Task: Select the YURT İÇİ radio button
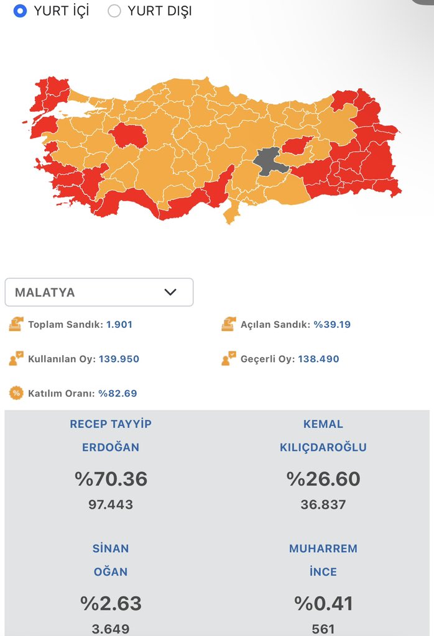[20, 11]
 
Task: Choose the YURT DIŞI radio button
[114, 11]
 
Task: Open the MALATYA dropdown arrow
[170, 292]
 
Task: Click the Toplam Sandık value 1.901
[119, 324]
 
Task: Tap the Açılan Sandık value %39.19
[336, 324]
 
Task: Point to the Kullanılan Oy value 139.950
[119, 359]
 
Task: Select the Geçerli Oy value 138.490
[318, 359]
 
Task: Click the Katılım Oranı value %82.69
[118, 393]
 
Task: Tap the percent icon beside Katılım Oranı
[16, 393]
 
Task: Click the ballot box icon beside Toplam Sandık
[16, 324]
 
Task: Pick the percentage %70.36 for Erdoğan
[111, 479]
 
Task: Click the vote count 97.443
[111, 504]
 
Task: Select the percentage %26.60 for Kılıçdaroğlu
[323, 479]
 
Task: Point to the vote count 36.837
[323, 504]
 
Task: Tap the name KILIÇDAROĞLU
[323, 447]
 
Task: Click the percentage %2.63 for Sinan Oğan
[111, 603]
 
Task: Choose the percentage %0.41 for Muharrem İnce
[323, 603]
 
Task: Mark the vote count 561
[323, 629]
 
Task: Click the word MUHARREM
[323, 548]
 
